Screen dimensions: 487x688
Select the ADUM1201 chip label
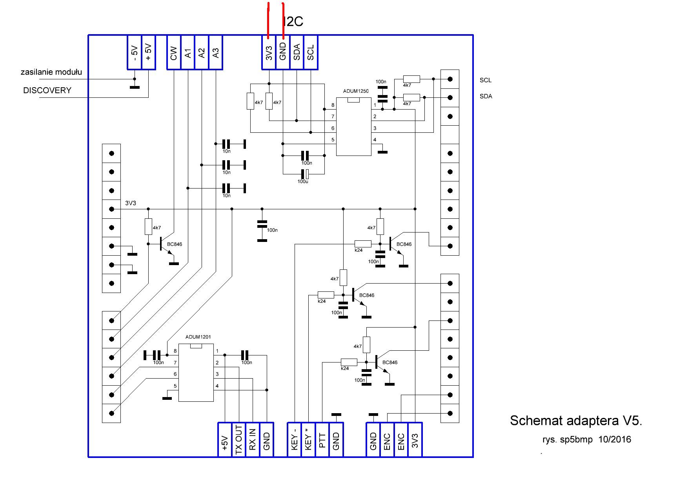[x=198, y=337]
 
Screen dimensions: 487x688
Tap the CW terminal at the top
[x=174, y=53]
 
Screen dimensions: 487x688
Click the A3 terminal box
[x=216, y=53]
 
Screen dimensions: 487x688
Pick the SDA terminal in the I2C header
[x=297, y=52]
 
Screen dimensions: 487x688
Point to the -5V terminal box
[x=134, y=53]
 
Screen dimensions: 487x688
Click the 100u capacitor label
[x=302, y=181]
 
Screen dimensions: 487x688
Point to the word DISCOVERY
[x=47, y=90]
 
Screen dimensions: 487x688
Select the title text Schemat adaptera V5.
[x=576, y=421]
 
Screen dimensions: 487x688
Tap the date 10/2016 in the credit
[x=615, y=439]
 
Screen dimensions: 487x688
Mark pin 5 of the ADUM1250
[x=333, y=140]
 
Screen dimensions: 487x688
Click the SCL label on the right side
[x=486, y=80]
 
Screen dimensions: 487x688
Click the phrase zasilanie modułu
[x=51, y=72]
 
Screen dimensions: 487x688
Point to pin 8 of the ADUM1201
[x=175, y=351]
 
